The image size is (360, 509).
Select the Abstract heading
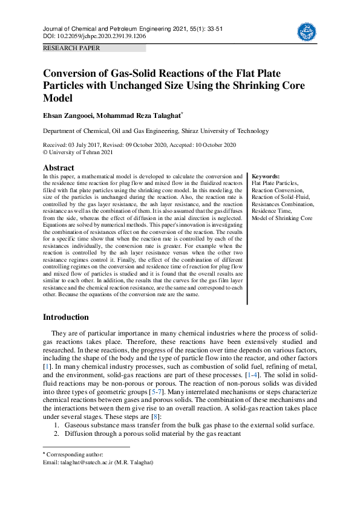click(59, 167)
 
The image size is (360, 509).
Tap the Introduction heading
click(65, 317)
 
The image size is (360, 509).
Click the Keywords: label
click(266, 176)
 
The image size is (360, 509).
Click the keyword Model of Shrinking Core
click(282, 218)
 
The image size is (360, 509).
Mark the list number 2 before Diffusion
click(56, 434)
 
